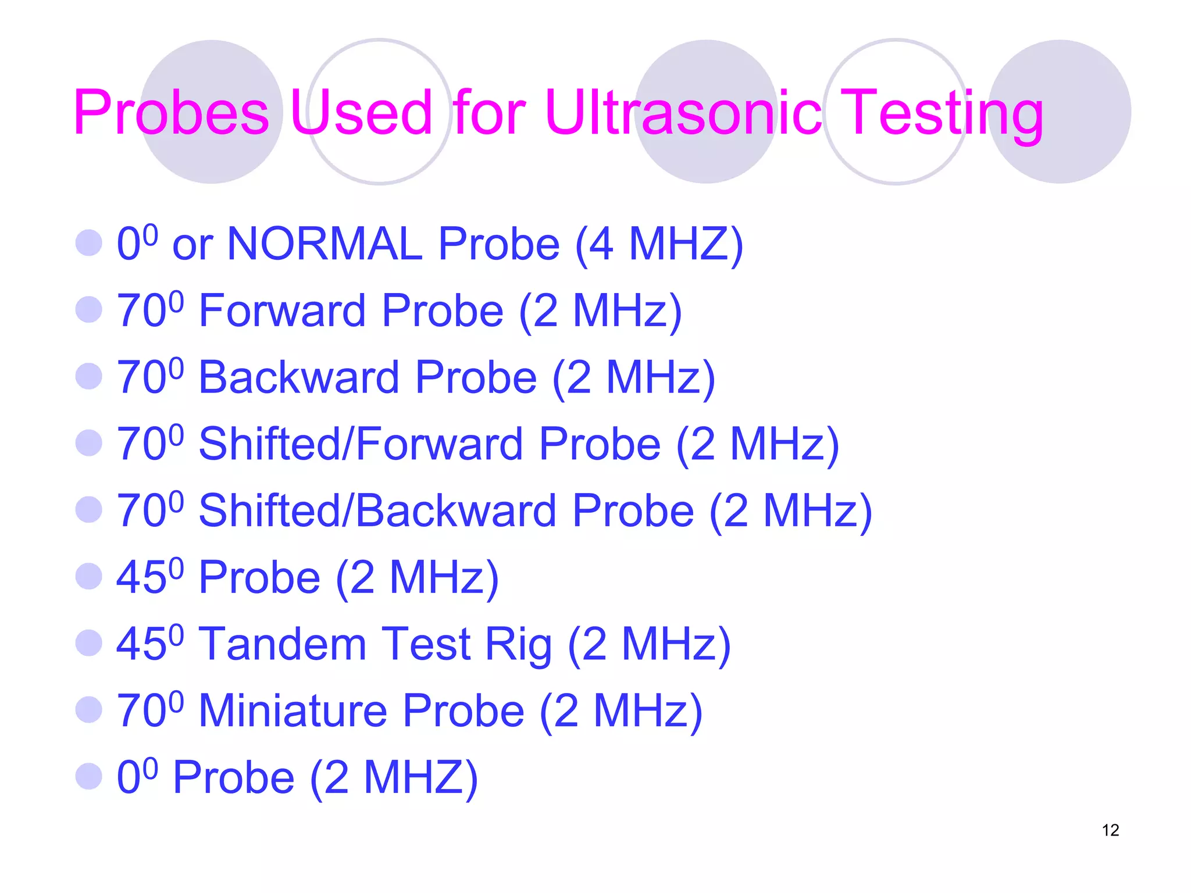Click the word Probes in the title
click(x=171, y=113)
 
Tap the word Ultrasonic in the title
click(x=683, y=113)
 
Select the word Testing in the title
click(x=942, y=114)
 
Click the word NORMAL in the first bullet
click(x=325, y=244)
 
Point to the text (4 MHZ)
click(x=659, y=245)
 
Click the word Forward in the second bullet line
click(x=282, y=310)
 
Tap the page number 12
click(x=1110, y=830)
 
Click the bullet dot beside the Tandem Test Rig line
click(x=89, y=643)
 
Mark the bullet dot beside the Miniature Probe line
click(x=89, y=709)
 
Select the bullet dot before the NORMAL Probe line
click(x=89, y=242)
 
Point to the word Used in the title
click(x=361, y=113)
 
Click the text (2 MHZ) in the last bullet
click(x=394, y=778)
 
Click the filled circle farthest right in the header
click(x=1060, y=112)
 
